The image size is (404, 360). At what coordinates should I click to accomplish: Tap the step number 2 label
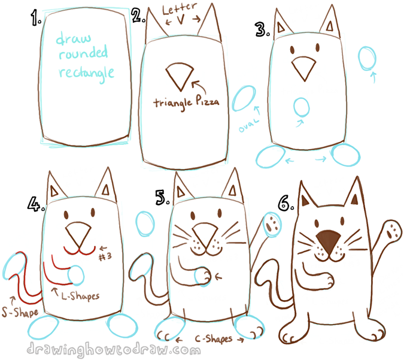pyautogui.click(x=138, y=16)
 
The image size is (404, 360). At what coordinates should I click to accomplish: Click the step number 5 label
pyautogui.click(x=162, y=198)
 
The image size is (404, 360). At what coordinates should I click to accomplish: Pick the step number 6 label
pyautogui.click(x=285, y=204)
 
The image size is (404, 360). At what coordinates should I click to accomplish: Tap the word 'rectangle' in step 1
pyautogui.click(x=85, y=74)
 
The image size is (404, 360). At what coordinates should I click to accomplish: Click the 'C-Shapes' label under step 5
pyautogui.click(x=211, y=338)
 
